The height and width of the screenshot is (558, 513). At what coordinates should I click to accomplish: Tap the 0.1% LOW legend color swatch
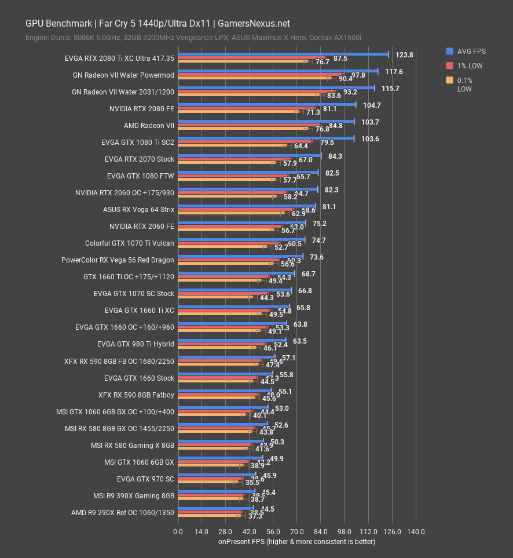pos(449,81)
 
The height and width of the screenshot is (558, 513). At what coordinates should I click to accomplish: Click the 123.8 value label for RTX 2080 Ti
pos(404,55)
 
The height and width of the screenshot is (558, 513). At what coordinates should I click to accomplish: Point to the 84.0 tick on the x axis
pos(321,532)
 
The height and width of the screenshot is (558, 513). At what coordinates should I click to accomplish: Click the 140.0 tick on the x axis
pos(416,532)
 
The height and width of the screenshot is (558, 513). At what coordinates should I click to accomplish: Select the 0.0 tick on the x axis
pos(178,532)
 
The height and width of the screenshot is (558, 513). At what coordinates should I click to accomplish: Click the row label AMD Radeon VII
pos(149,125)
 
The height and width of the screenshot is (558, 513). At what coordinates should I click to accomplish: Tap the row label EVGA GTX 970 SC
pos(145,479)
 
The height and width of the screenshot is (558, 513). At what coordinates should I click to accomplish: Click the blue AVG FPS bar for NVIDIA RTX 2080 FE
pos(266,105)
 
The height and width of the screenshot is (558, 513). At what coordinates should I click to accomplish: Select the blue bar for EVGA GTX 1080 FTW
pos(248,172)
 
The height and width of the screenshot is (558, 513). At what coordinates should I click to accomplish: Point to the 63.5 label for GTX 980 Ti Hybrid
pos(300,341)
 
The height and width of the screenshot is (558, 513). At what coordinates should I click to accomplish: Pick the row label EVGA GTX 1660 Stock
pos(139,378)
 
